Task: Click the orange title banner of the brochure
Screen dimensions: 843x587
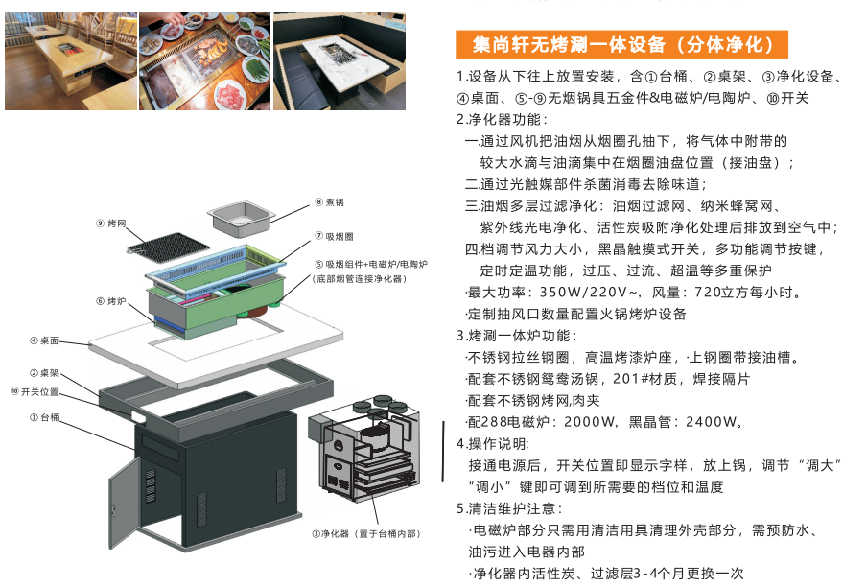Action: [x=621, y=45]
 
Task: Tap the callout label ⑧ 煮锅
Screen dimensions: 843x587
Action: [x=330, y=202]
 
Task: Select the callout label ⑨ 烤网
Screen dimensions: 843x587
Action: [x=111, y=223]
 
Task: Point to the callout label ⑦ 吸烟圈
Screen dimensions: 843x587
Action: [x=334, y=236]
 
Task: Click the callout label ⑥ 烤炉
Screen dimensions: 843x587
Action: [x=111, y=301]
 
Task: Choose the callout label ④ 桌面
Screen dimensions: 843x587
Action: [x=44, y=340]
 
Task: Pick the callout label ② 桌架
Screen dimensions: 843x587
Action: [x=44, y=372]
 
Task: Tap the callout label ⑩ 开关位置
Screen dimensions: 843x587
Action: [x=35, y=392]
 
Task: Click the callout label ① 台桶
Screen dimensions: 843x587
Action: [x=44, y=417]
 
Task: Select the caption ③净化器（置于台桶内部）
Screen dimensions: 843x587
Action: [x=366, y=534]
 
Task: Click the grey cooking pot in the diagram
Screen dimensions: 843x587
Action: [x=239, y=219]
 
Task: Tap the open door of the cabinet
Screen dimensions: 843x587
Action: [x=125, y=502]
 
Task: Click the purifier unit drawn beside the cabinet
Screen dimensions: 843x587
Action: [x=364, y=448]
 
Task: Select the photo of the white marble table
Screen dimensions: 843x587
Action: [x=340, y=61]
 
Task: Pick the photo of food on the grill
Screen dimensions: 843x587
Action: [x=205, y=61]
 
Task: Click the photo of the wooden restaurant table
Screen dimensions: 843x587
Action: [x=71, y=61]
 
